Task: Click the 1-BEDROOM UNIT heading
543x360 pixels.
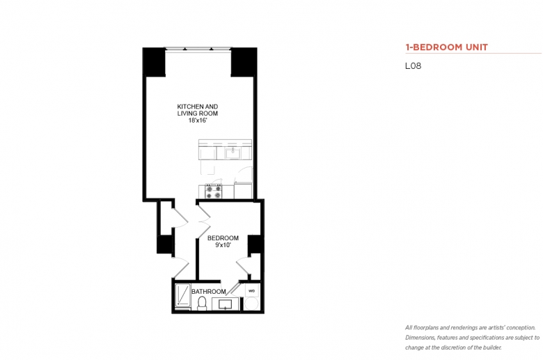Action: tap(446, 47)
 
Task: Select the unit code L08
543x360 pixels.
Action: tap(413, 66)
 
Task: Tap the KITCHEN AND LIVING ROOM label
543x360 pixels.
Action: tap(198, 110)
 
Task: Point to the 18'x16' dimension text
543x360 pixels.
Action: tap(198, 120)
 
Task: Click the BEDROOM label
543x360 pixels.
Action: tap(223, 238)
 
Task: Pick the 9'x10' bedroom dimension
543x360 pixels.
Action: tap(223, 245)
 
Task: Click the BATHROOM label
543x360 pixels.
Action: tap(208, 292)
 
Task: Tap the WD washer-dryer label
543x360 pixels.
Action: tap(252, 291)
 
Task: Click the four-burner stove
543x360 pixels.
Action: tap(213, 191)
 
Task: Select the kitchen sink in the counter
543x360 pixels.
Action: tap(233, 152)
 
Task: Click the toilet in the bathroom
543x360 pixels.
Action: tap(202, 303)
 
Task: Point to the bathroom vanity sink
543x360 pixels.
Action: tap(226, 304)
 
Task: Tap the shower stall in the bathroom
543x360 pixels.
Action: tap(182, 295)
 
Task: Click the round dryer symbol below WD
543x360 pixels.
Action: tap(251, 304)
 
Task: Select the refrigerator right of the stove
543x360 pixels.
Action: tap(243, 190)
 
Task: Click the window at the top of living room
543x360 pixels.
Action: tap(198, 49)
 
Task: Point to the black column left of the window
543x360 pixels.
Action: tap(154, 62)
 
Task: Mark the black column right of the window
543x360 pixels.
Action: tap(244, 62)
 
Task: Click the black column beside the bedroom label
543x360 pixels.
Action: tap(255, 244)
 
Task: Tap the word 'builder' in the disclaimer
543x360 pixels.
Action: tap(492, 347)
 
